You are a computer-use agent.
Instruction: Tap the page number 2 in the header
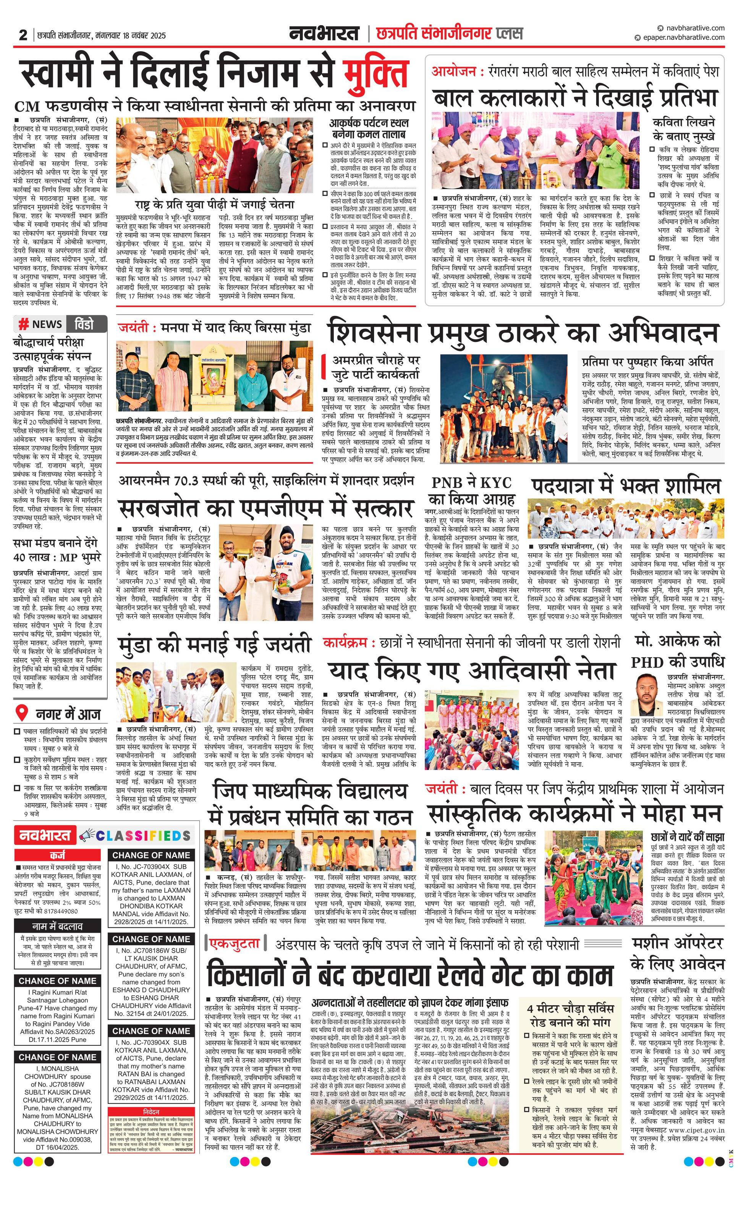pos(23,35)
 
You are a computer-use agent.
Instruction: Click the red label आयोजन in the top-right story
pos(453,71)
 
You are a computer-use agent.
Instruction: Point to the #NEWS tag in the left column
pos(40,324)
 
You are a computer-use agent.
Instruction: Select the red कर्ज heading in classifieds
pos(58,855)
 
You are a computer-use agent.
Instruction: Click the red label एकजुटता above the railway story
pos(235,943)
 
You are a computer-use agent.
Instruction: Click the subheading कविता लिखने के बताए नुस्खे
pos(683,129)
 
